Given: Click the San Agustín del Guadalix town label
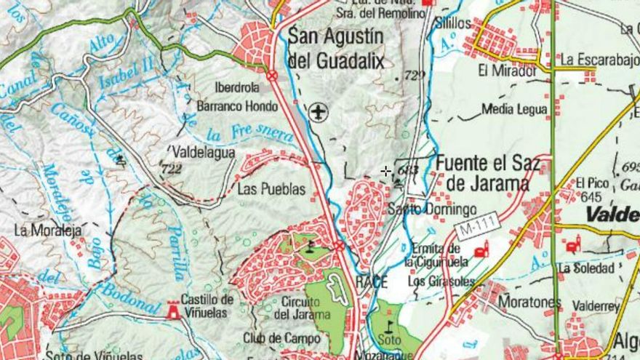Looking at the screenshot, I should coord(335,48).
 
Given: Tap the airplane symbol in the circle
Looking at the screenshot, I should coord(318,112).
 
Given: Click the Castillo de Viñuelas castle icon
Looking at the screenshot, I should coord(173,311).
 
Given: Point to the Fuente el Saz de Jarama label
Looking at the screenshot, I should coord(487,173).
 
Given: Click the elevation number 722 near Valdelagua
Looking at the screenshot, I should coord(172,169).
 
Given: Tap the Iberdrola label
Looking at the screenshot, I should coord(237,88).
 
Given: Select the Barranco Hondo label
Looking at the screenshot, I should coord(237,106).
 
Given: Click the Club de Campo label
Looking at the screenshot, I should coord(281,338).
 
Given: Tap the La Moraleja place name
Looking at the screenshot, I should coord(47,231).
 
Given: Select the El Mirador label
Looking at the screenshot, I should coord(507,71).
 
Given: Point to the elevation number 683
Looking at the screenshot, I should coord(409,170).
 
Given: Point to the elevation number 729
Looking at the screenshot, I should coord(413,76).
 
